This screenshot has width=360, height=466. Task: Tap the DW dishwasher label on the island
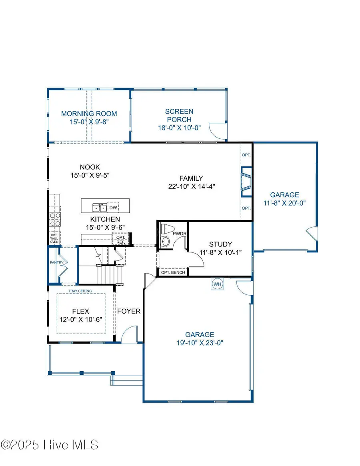tap(114, 208)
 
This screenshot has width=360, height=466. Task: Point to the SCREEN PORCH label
tap(179, 115)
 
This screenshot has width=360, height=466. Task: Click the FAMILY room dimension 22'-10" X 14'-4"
tap(191, 186)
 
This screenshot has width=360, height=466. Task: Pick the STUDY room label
tap(220, 244)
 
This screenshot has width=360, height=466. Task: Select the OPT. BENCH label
tap(173, 272)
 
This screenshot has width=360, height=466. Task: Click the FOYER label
tap(128, 311)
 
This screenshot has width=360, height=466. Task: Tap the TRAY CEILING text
tap(80, 291)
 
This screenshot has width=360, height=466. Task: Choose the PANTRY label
tap(54, 262)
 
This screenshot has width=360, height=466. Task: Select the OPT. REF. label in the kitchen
tap(120, 240)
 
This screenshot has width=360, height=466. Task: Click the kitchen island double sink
tap(99, 207)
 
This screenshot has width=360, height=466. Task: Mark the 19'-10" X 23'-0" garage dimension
tap(200, 342)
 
